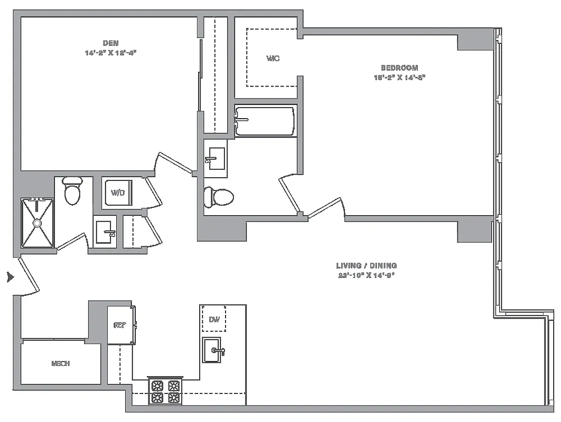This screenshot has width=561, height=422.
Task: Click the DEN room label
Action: tap(110, 43)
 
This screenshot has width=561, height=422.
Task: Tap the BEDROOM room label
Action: tap(399, 68)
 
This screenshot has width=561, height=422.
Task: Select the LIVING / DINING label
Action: tap(366, 266)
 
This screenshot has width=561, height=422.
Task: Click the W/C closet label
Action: tap(273, 58)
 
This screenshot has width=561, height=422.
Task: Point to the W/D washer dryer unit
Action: tap(117, 193)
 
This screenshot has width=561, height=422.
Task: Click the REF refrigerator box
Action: tap(119, 325)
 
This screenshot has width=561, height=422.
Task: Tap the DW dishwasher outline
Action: tap(214, 319)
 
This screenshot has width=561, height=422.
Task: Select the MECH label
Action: tap(61, 363)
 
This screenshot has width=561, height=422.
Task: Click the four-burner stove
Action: tap(165, 392)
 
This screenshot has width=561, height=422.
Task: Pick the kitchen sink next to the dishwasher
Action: tap(214, 350)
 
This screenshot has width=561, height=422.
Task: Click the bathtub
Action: tap(265, 121)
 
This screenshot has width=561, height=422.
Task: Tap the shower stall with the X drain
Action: tap(38, 223)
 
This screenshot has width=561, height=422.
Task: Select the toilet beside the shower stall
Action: tap(72, 191)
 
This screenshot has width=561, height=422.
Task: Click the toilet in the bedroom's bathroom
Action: tap(219, 197)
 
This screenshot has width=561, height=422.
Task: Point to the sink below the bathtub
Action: tap(216, 158)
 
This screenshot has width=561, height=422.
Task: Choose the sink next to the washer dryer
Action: tap(105, 231)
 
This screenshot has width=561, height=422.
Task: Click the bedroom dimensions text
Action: tap(399, 77)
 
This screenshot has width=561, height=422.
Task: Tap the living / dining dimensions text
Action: tap(366, 275)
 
